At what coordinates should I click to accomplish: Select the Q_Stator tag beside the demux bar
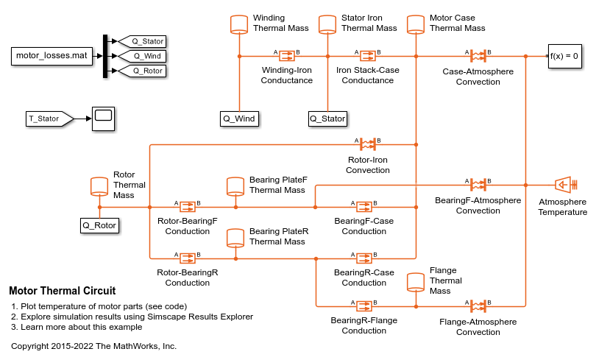point(143,41)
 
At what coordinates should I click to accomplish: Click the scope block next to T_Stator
point(102,118)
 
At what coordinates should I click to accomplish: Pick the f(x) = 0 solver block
point(564,56)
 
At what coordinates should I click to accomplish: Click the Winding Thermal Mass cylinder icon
point(239,24)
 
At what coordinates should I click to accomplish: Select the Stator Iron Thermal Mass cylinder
point(327,24)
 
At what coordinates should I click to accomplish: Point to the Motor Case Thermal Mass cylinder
point(416,24)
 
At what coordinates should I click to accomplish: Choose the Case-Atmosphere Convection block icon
point(478,56)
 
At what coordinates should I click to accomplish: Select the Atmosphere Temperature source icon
point(564,184)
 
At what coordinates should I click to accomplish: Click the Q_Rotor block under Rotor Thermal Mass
point(99,225)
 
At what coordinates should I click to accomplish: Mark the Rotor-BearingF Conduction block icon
point(187,207)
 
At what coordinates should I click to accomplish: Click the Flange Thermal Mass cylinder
point(416,281)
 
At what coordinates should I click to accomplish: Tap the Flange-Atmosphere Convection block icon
point(478,306)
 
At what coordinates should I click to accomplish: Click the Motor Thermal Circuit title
point(62,291)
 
